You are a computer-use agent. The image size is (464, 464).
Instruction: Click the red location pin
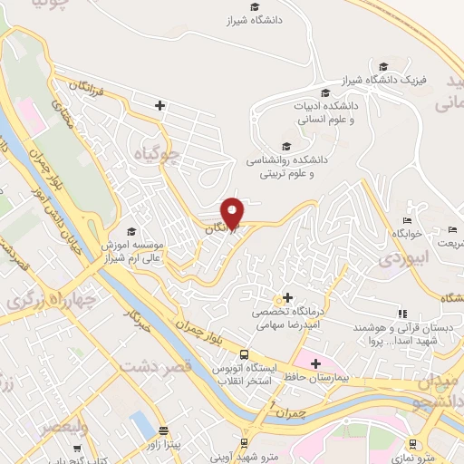tap(233, 212)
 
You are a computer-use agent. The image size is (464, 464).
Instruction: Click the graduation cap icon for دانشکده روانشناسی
tap(287, 147)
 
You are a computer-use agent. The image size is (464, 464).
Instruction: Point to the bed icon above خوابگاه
tap(407, 221)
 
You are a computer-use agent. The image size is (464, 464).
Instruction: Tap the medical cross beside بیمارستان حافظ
tap(314, 364)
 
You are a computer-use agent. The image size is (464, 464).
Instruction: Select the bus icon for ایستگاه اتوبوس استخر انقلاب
tap(244, 354)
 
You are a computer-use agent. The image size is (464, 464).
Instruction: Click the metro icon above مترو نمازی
tap(413, 444)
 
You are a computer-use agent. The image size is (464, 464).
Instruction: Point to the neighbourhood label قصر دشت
tap(188, 367)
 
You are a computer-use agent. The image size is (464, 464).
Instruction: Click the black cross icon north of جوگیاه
tap(159, 106)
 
